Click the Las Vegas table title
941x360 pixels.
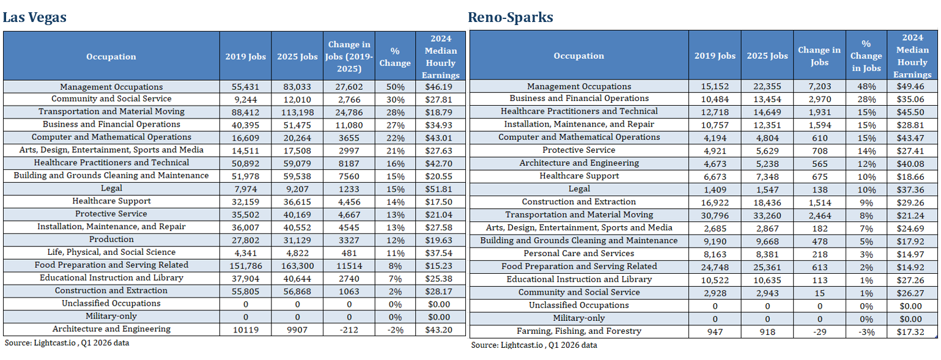click(34, 17)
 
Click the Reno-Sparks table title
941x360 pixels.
click(511, 17)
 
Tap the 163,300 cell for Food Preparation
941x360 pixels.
click(297, 266)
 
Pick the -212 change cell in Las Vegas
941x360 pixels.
click(349, 330)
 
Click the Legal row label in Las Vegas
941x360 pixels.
click(111, 189)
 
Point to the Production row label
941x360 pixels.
click(111, 240)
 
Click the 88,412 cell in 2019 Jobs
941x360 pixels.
click(245, 112)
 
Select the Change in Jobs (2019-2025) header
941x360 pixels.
click(349, 56)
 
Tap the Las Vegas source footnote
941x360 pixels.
click(67, 343)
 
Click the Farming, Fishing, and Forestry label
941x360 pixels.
click(579, 331)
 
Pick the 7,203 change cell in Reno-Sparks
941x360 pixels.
click(819, 87)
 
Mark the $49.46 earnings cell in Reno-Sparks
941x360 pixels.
click(912, 87)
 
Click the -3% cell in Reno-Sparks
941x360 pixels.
click(866, 332)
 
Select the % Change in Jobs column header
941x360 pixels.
click(866, 56)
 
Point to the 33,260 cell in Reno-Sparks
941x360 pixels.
click(767, 216)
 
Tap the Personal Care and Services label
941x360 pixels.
click(579, 253)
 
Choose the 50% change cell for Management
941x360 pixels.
click(395, 87)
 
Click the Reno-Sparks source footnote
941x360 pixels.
click(534, 345)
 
